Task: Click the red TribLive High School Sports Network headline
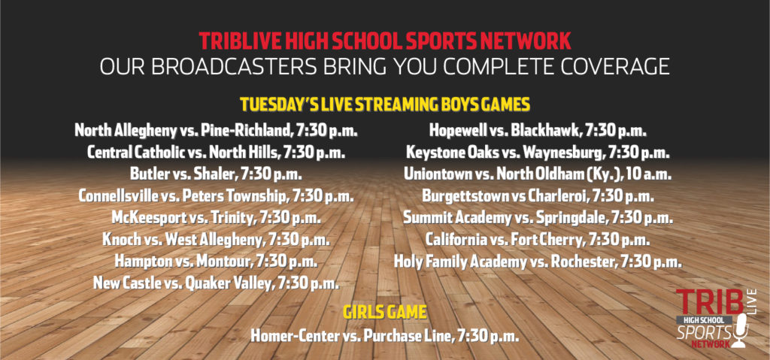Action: [385, 41]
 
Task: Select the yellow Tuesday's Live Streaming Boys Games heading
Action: [385, 105]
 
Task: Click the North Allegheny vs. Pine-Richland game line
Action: [216, 131]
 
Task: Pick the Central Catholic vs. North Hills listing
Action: [216, 153]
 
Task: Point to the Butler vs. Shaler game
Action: [216, 174]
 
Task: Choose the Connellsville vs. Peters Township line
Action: [216, 196]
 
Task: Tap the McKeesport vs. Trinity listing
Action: [216, 217]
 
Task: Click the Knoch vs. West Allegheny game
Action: [216, 240]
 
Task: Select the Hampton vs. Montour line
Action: [216, 262]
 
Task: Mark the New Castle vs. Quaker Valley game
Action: [216, 283]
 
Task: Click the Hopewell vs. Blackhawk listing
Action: [538, 131]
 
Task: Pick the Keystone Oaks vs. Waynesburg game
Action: [538, 153]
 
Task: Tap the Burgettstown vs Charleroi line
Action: [538, 196]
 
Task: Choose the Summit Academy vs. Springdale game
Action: [538, 217]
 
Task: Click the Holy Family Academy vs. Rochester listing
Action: [538, 262]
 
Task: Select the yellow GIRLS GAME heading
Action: [384, 313]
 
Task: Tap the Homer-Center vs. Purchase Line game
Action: [384, 337]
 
